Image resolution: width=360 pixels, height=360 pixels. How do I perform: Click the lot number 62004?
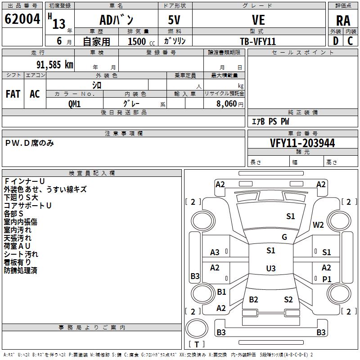pyautogui.click(x=22, y=19)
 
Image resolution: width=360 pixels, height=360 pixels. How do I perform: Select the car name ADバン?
pyautogui.click(x=116, y=20)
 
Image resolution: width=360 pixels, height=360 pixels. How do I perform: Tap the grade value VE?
pyautogui.click(x=258, y=20)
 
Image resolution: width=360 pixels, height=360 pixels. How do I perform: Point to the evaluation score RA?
pyautogui.click(x=343, y=20)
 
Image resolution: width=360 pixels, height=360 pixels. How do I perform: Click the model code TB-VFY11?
pyautogui.click(x=258, y=41)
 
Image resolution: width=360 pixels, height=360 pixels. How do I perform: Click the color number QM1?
pyautogui.click(x=74, y=103)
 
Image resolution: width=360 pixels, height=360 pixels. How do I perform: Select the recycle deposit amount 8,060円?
pyautogui.click(x=230, y=103)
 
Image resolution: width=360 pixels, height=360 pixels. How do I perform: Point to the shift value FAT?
pyautogui.click(x=13, y=94)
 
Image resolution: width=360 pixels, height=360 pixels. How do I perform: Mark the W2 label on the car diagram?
pyautogui.click(x=319, y=225)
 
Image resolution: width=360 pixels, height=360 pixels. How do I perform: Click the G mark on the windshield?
pyautogui.click(x=284, y=237)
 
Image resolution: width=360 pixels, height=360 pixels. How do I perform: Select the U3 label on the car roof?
pyautogui.click(x=270, y=269)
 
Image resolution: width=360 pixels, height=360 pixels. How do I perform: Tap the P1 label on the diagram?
pyautogui.click(x=327, y=279)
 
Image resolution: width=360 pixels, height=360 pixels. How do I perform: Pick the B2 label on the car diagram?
pyautogui.click(x=253, y=300)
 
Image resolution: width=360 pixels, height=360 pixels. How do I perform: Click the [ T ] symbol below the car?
pyautogui.click(x=197, y=344)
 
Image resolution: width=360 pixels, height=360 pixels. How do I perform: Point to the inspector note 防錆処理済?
pyautogui.click(x=20, y=270)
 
